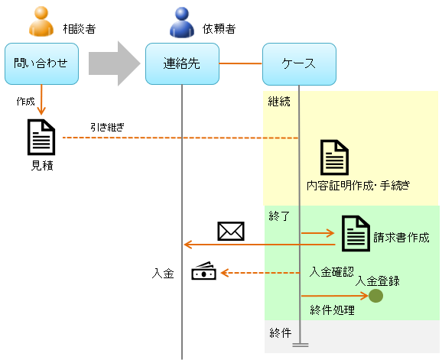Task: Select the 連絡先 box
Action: coord(182,63)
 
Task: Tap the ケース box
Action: coord(298,63)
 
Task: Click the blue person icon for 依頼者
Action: coord(182,23)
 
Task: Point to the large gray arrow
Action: coord(114,64)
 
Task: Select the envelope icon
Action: coord(230,231)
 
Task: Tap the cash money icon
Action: coord(204,271)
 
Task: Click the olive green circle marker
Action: coord(375,296)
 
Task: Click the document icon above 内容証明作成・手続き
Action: coord(335,157)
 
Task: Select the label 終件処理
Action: coord(331,310)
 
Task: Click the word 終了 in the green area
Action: coord(279,217)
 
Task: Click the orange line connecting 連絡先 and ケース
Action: coord(240,63)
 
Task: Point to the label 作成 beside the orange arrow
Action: coord(26,101)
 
